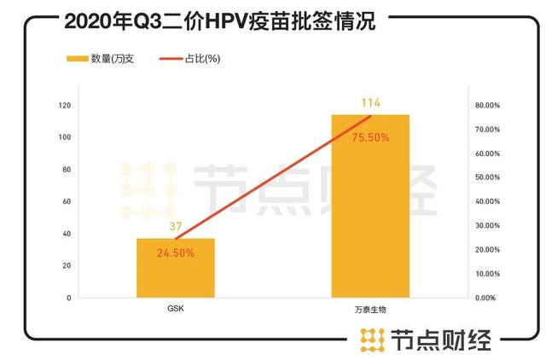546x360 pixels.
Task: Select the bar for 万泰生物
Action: click(370, 213)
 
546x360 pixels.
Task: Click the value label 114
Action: click(370, 103)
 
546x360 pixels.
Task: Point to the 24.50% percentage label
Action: click(175, 253)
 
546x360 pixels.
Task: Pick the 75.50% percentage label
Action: click(370, 137)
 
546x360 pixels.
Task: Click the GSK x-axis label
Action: click(175, 309)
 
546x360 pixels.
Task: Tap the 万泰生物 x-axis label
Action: click(370, 309)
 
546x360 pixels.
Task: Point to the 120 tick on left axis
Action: click(65, 105)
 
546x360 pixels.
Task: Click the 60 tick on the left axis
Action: click(67, 201)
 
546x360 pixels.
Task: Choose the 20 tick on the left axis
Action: click(67, 265)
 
